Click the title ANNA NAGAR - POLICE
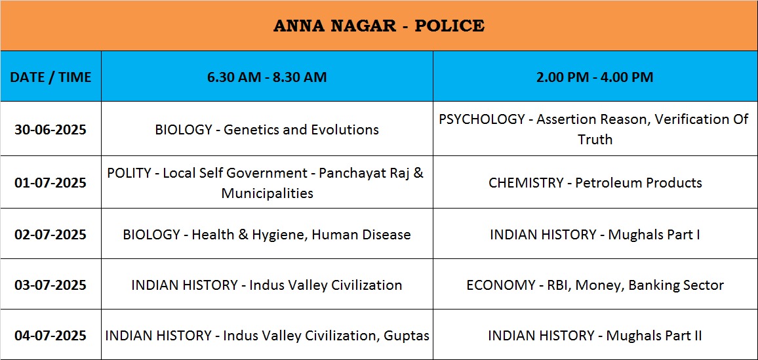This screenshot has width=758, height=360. [x=378, y=26]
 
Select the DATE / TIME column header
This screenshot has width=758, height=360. [x=50, y=77]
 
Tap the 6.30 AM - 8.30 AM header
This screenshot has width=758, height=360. [x=267, y=77]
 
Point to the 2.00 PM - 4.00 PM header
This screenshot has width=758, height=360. [x=595, y=77]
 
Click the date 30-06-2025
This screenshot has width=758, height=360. [x=50, y=129]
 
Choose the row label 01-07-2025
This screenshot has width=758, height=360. [x=50, y=183]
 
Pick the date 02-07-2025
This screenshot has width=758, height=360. [x=50, y=235]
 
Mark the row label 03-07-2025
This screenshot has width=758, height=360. [x=50, y=285]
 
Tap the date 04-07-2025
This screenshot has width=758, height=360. [x=50, y=335]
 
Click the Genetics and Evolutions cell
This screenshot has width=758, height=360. [x=267, y=129]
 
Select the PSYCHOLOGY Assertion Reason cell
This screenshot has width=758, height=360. [x=595, y=129]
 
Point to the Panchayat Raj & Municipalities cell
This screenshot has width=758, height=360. [x=267, y=183]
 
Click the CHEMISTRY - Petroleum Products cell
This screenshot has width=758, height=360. [x=595, y=183]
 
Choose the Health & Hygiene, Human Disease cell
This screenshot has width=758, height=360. [x=267, y=235]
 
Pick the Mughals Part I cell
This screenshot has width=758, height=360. [x=595, y=235]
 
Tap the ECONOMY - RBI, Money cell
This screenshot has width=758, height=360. [x=595, y=285]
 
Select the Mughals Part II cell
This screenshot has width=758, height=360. [x=595, y=335]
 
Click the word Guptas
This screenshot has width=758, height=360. [x=407, y=336]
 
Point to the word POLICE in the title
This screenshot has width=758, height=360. [x=450, y=26]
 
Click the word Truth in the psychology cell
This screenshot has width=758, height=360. [x=595, y=140]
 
